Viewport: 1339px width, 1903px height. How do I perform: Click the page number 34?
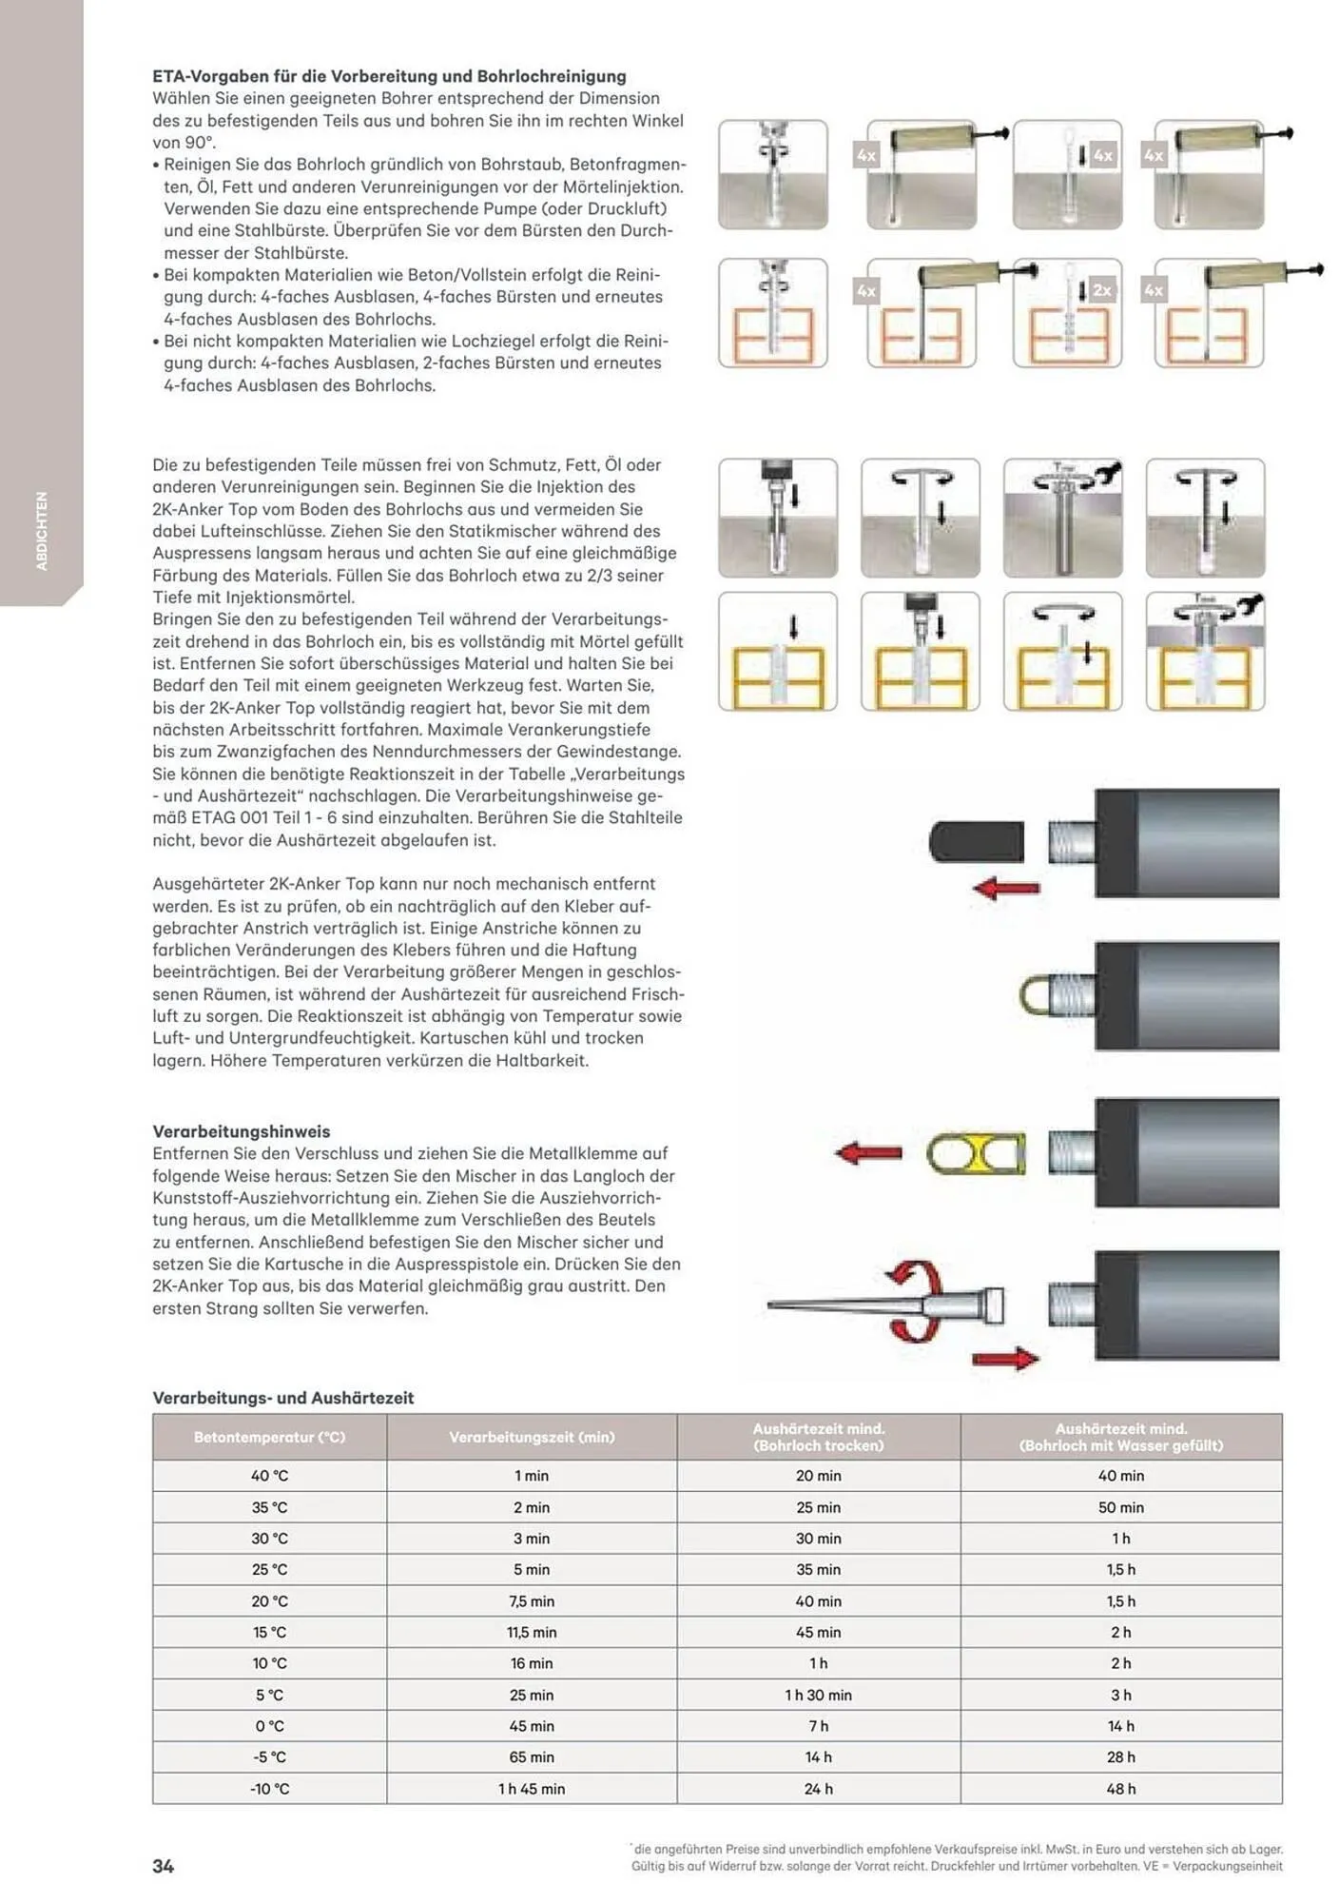(x=163, y=1866)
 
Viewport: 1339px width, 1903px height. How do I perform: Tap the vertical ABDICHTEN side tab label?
(x=42, y=531)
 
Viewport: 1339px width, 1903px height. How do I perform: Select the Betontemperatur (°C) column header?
(x=269, y=1437)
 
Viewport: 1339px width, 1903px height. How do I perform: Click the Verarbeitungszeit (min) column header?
(x=532, y=1437)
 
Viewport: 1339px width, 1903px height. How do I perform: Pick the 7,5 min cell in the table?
(x=532, y=1601)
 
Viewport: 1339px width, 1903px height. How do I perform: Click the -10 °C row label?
(x=269, y=1789)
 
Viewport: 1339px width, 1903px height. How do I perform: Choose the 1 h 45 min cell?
(x=532, y=1789)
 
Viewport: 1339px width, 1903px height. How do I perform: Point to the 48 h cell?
(x=1120, y=1789)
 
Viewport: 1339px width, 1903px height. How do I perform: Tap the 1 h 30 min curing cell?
(x=818, y=1695)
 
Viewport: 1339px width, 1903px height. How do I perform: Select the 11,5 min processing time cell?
(x=532, y=1632)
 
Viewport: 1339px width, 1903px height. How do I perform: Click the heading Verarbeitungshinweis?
(x=242, y=1131)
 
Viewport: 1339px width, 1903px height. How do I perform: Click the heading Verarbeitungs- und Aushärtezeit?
(x=283, y=1398)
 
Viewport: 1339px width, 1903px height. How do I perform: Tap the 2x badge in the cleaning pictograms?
(x=1101, y=290)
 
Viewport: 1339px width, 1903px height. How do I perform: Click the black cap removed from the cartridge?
(x=977, y=842)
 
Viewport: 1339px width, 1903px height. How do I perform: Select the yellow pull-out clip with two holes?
(x=977, y=1154)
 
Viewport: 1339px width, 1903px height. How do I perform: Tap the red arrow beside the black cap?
(x=1006, y=890)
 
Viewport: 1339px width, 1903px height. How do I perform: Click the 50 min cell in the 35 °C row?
(x=1120, y=1507)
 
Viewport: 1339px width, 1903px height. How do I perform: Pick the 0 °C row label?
(x=269, y=1726)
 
